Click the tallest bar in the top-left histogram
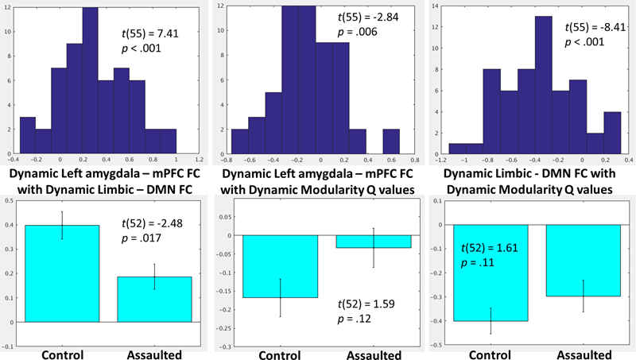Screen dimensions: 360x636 pos(90,79)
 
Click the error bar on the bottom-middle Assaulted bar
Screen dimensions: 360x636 pos(373,247)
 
